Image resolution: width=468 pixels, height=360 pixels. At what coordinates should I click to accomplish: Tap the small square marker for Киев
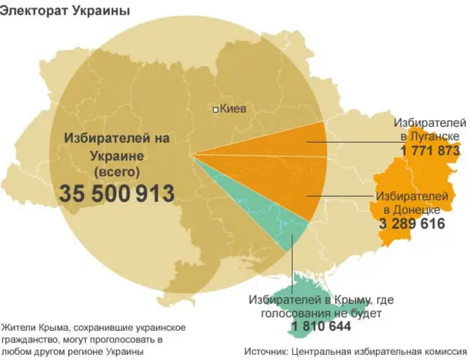pyautogui.click(x=215, y=110)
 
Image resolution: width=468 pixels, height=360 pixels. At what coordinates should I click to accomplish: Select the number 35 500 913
pyautogui.click(x=117, y=194)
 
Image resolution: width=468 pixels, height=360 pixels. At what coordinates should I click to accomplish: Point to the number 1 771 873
pyautogui.click(x=430, y=150)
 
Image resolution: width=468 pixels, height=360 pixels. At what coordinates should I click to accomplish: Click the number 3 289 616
pyautogui.click(x=412, y=224)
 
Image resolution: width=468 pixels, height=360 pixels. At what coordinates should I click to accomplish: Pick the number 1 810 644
pyautogui.click(x=321, y=326)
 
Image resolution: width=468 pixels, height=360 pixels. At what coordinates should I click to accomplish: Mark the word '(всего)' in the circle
pyautogui.click(x=116, y=171)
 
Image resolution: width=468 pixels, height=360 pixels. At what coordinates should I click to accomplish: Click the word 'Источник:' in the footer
pyautogui.click(x=263, y=350)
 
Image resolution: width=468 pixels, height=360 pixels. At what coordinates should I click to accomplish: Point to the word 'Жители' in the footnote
pyautogui.click(x=19, y=327)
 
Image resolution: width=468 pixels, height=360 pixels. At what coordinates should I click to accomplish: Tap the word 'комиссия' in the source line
pyautogui.click(x=442, y=350)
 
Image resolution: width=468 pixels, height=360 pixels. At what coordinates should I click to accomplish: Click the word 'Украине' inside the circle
pyautogui.click(x=116, y=154)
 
